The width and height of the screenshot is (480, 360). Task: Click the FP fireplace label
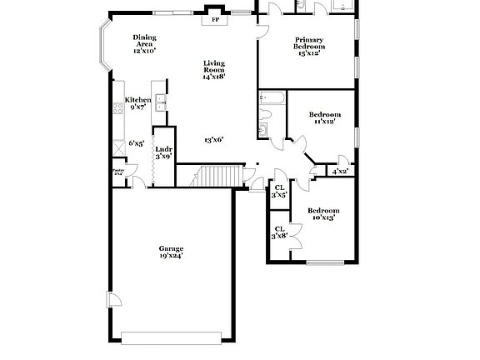pos(214,19)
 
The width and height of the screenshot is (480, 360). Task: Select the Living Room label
pos(214,69)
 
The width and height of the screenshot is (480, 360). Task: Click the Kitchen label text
pos(138,103)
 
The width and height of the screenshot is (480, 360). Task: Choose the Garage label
pos(172,252)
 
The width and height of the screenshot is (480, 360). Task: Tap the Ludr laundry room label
pos(163,152)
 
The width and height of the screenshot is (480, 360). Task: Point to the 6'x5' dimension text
pos(137,143)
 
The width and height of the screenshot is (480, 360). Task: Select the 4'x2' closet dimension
pos(340,172)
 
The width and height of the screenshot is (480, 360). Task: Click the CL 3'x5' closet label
pos(279,191)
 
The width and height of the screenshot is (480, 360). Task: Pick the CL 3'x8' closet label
pos(279,232)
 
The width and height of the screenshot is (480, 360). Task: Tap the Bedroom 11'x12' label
pos(324,117)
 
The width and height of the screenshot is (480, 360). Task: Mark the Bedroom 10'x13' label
pos(322,214)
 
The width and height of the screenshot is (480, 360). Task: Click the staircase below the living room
pos(219,177)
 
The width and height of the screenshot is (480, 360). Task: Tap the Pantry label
pos(117,173)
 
